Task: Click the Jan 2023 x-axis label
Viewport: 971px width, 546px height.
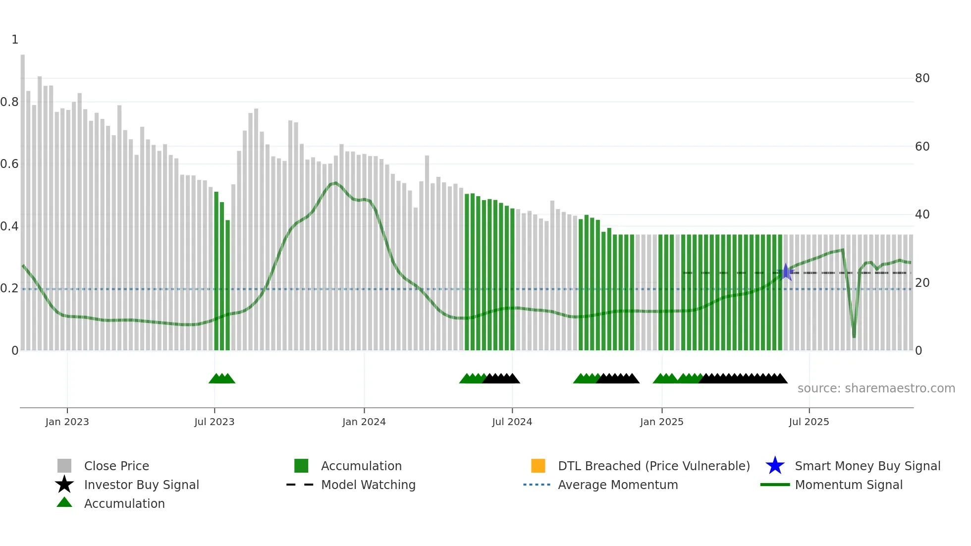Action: tap(67, 422)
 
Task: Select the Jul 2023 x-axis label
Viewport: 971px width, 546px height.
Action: tap(214, 422)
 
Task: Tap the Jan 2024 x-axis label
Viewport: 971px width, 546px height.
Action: tap(364, 422)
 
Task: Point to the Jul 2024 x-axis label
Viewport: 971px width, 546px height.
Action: tap(512, 422)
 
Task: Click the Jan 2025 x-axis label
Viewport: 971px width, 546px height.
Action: tap(661, 422)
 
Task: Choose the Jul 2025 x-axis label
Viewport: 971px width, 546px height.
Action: tap(809, 422)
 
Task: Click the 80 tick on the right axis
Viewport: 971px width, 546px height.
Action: tap(922, 78)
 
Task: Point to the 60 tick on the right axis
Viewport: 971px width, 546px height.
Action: tap(922, 147)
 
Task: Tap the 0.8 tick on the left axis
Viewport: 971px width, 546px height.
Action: tap(9, 102)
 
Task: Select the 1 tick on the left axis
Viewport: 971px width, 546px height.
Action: tap(15, 40)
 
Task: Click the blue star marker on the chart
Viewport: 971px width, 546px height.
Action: tap(786, 272)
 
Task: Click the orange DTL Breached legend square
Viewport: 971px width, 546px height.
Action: tap(538, 466)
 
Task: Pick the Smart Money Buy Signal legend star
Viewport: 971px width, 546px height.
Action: tap(775, 466)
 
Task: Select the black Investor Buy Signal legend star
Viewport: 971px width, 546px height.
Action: tap(64, 485)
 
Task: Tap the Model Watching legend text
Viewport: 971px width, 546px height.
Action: tap(368, 485)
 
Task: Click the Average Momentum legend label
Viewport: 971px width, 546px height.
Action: tap(618, 485)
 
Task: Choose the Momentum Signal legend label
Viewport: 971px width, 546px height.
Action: tap(849, 485)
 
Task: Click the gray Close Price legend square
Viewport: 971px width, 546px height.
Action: tap(64, 466)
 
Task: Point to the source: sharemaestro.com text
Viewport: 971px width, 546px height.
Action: tap(876, 388)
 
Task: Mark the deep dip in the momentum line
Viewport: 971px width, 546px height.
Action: tap(854, 335)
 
